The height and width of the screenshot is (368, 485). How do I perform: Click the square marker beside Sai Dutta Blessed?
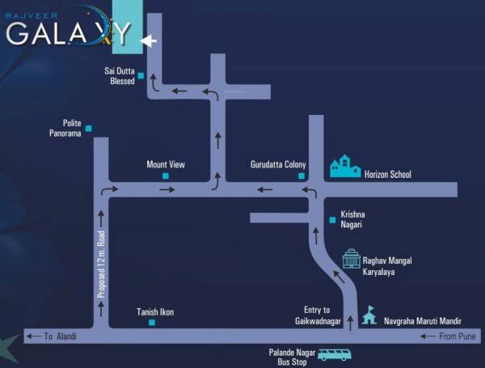pyautogui.click(x=141, y=76)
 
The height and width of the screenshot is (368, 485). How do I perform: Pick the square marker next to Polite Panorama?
pyautogui.click(x=89, y=128)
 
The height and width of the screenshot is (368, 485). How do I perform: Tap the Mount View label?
pyautogui.click(x=166, y=164)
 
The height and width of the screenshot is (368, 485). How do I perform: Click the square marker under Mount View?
pyautogui.click(x=166, y=176)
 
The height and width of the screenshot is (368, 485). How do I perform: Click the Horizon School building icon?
pyautogui.click(x=345, y=167)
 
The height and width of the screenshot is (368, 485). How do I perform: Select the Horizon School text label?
pyautogui.click(x=388, y=174)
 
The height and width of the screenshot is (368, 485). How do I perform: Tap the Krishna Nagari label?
pyautogui.click(x=352, y=220)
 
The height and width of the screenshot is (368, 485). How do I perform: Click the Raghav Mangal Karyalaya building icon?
pyautogui.click(x=351, y=259)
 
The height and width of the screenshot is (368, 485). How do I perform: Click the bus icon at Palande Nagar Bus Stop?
pyautogui.click(x=333, y=354)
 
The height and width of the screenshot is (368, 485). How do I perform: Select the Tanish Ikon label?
pyautogui.click(x=155, y=312)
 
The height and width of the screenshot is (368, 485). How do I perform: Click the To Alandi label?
pyautogui.click(x=60, y=335)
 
